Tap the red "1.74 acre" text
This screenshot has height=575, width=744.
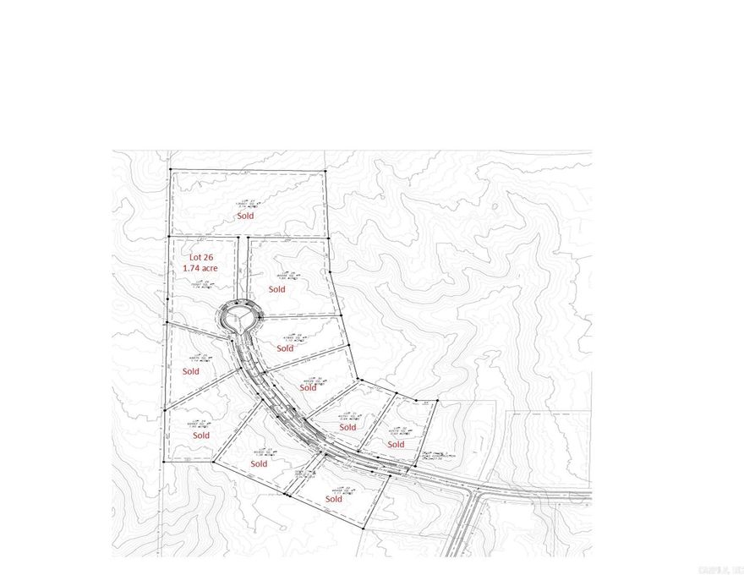(201, 268)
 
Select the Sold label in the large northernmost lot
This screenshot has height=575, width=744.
(245, 216)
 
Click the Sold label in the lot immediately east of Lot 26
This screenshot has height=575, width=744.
(276, 289)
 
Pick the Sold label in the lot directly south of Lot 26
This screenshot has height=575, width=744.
(190, 371)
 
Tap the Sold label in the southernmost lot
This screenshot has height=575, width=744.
(333, 499)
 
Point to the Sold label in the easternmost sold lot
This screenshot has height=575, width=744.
(395, 444)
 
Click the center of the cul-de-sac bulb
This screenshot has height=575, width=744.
(239, 320)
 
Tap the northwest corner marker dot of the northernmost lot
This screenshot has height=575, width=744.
(170, 171)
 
